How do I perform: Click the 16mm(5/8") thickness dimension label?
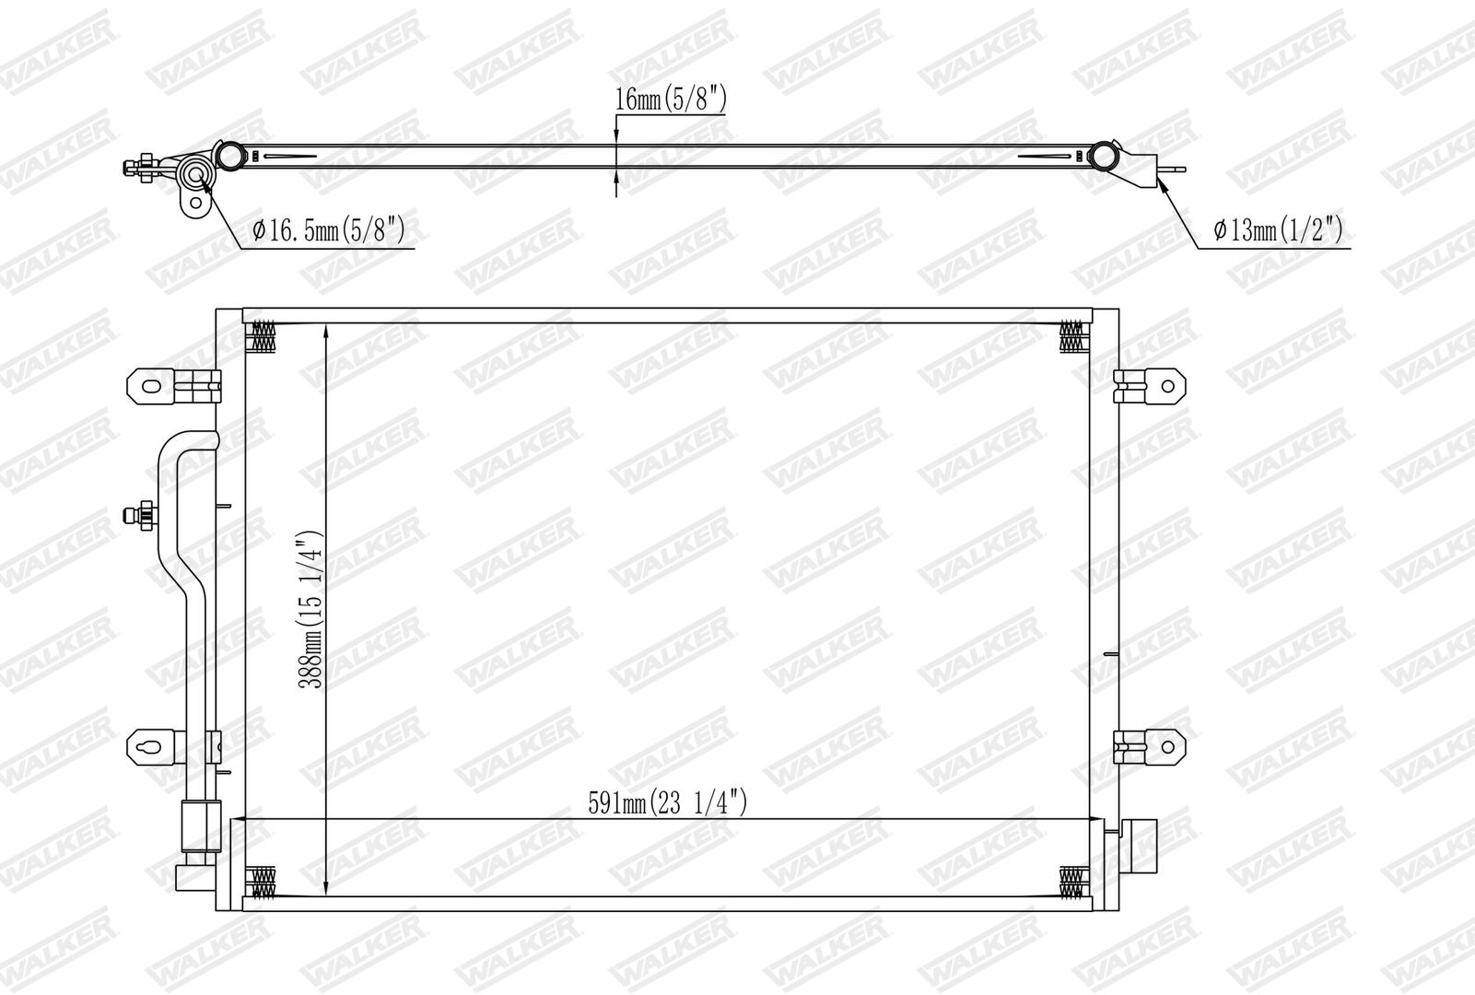pos(671,99)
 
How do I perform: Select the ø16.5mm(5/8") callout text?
pos(329,230)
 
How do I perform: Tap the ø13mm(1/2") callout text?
pos(1278,230)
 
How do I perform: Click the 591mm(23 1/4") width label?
pos(668,802)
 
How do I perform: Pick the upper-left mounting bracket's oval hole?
pos(151,387)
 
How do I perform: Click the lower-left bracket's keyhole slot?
pos(151,747)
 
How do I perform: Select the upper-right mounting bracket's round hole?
pos(1167,386)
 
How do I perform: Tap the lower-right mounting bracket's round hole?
pos(1167,747)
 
